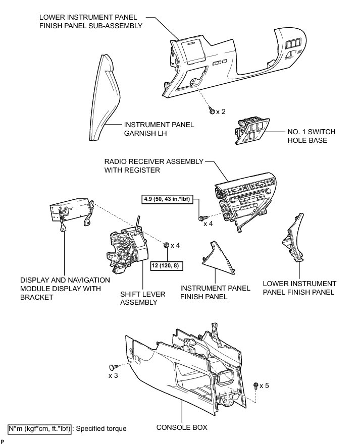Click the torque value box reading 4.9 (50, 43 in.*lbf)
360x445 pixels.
[x=170, y=200]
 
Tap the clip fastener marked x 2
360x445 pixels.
[x=213, y=110]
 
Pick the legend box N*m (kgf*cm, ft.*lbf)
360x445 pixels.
[x=39, y=428]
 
